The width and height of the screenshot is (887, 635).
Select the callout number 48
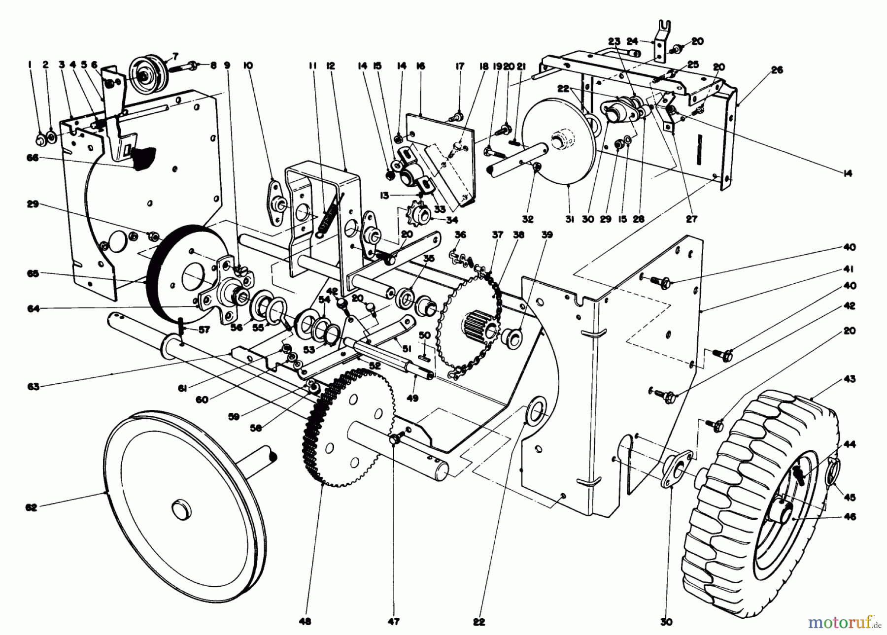(x=306, y=622)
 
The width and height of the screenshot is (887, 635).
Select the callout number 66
(x=32, y=158)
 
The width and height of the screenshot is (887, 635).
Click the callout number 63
(x=33, y=387)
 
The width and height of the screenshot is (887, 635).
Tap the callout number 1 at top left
(x=30, y=64)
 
